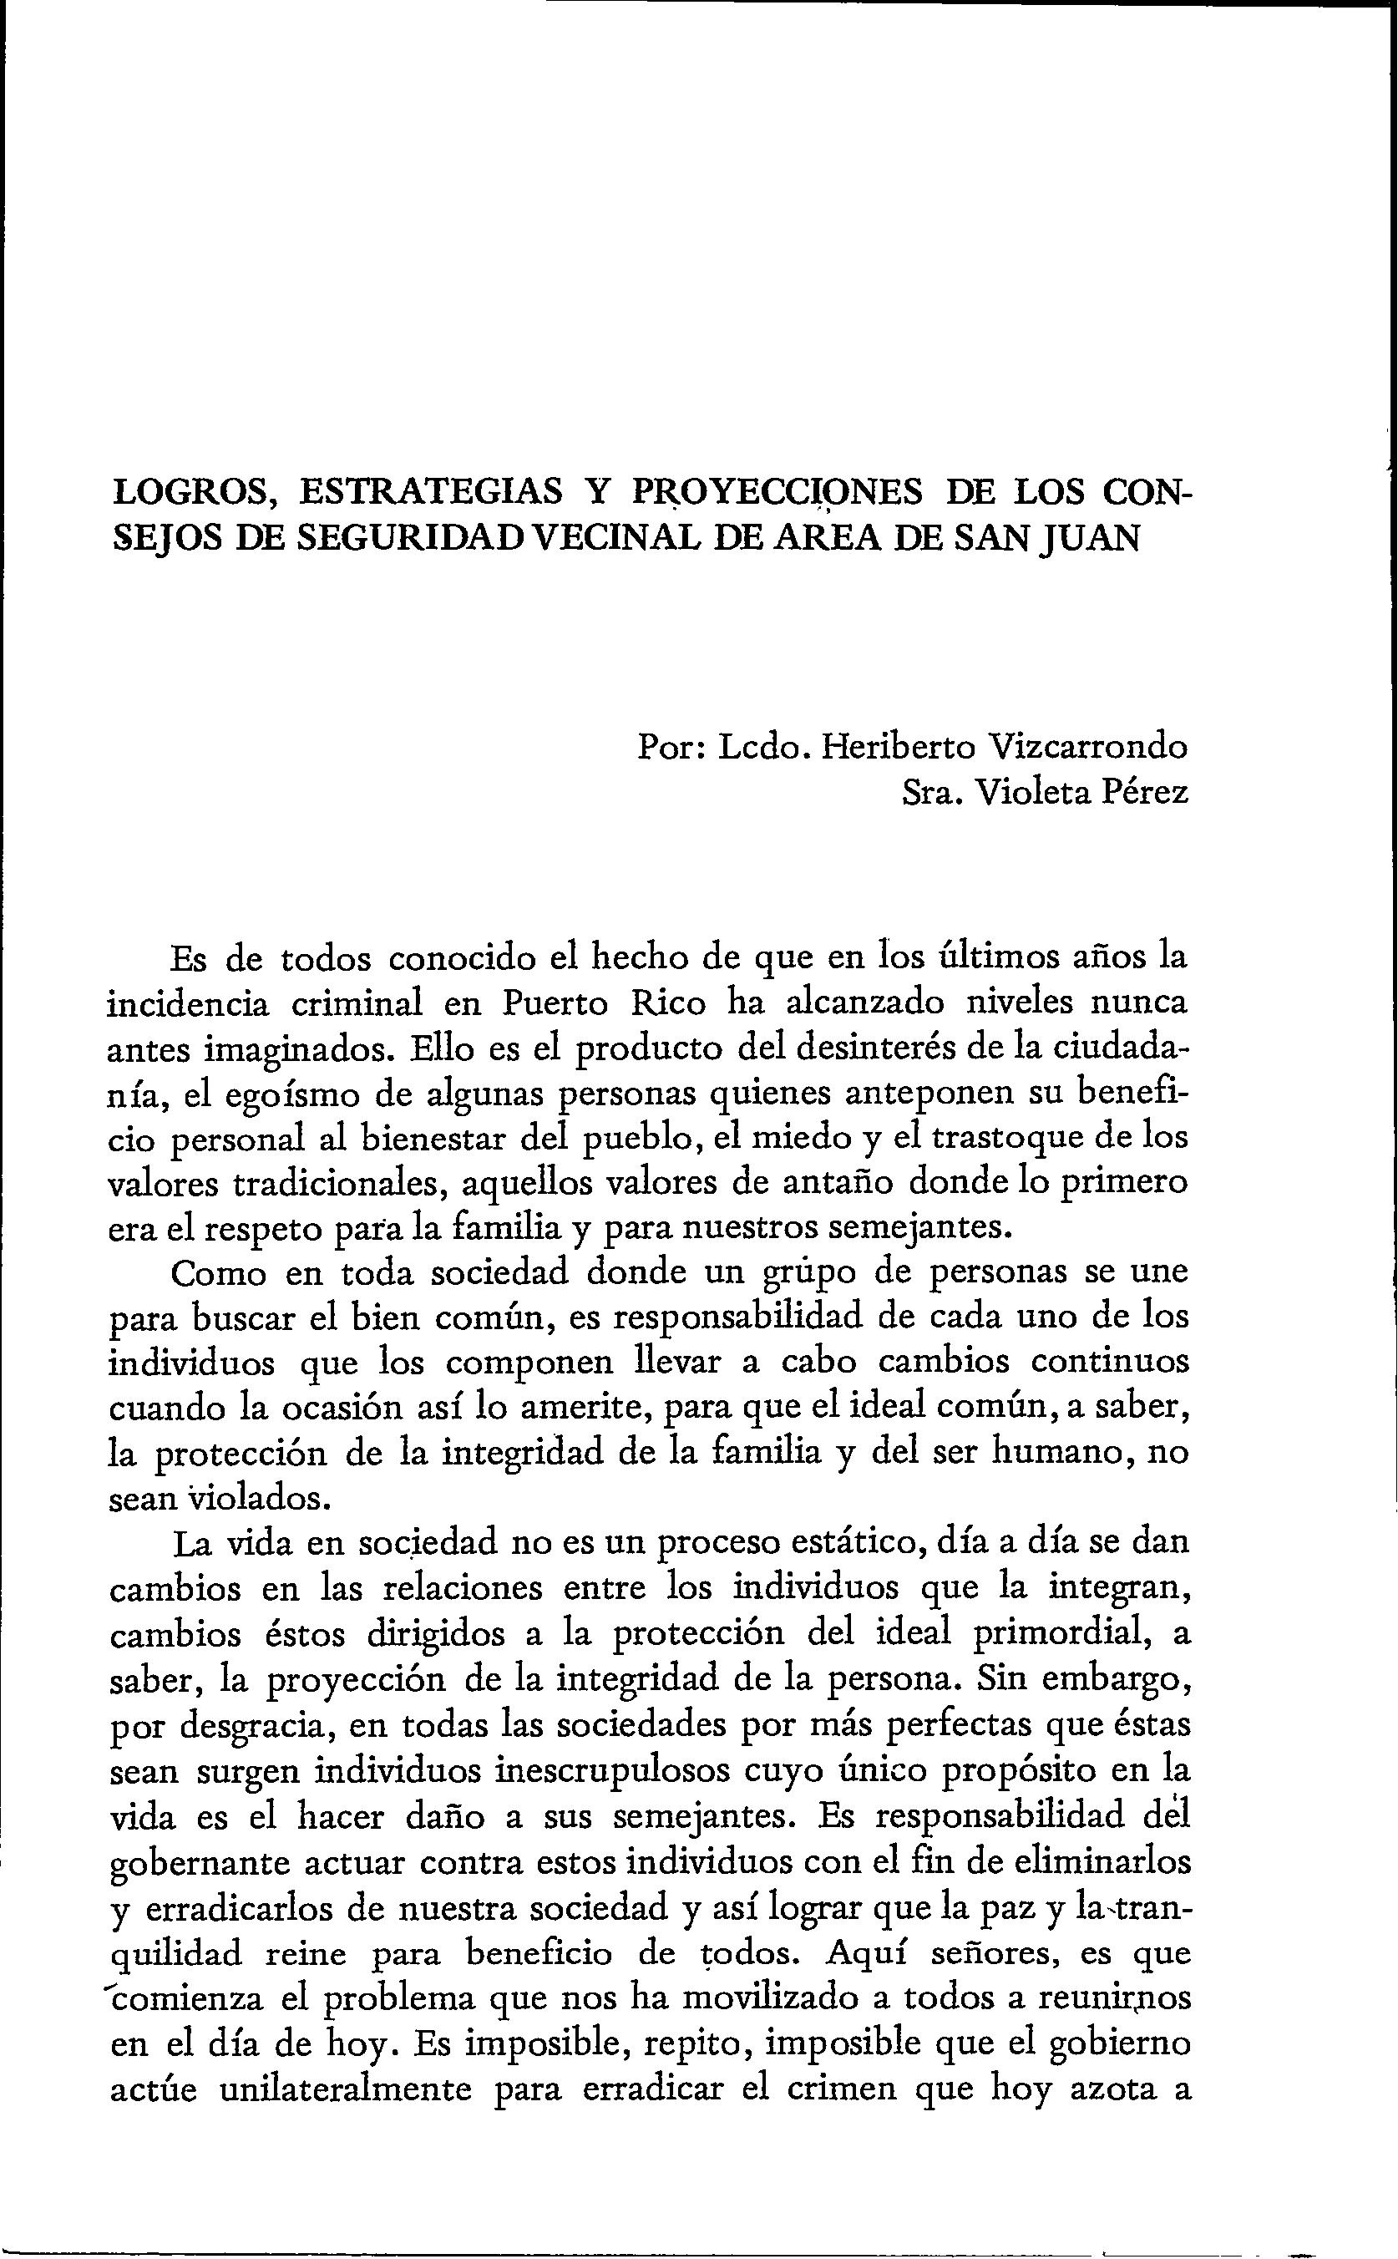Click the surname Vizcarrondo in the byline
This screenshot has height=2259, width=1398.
[1087, 746]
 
